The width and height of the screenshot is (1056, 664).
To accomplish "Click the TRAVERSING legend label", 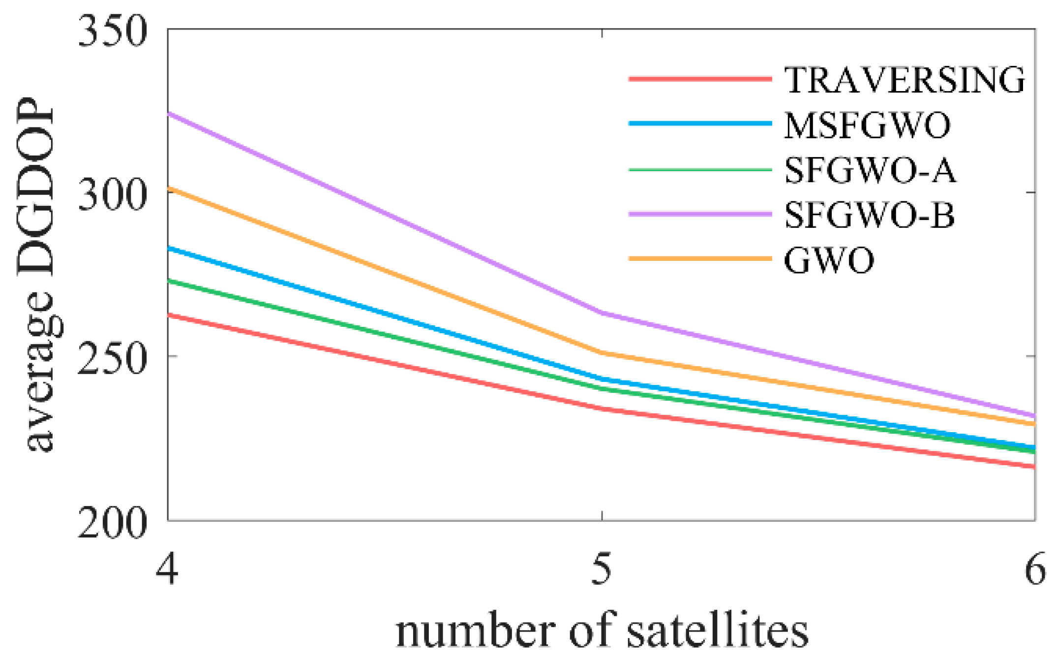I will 904,80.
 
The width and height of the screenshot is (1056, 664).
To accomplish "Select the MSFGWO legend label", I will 867,126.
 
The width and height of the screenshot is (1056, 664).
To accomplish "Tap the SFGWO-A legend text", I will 870,171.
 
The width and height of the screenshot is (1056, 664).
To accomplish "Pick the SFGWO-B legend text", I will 869,215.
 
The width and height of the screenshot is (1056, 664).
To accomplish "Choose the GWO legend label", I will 829,260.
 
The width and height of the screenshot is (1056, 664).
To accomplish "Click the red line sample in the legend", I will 700,79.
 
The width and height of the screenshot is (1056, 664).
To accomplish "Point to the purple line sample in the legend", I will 700,214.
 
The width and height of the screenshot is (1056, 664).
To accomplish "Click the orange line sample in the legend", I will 700,258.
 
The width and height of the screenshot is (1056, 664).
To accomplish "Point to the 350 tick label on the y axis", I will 113,31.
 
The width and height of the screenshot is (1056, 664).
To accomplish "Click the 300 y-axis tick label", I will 113,194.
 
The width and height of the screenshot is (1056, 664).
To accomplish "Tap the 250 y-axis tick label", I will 113,358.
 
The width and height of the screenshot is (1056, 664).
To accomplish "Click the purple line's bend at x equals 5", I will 602,313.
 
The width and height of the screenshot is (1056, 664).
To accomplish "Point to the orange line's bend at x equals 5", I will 602,353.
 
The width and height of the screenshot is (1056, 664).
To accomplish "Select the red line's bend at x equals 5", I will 602,409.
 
